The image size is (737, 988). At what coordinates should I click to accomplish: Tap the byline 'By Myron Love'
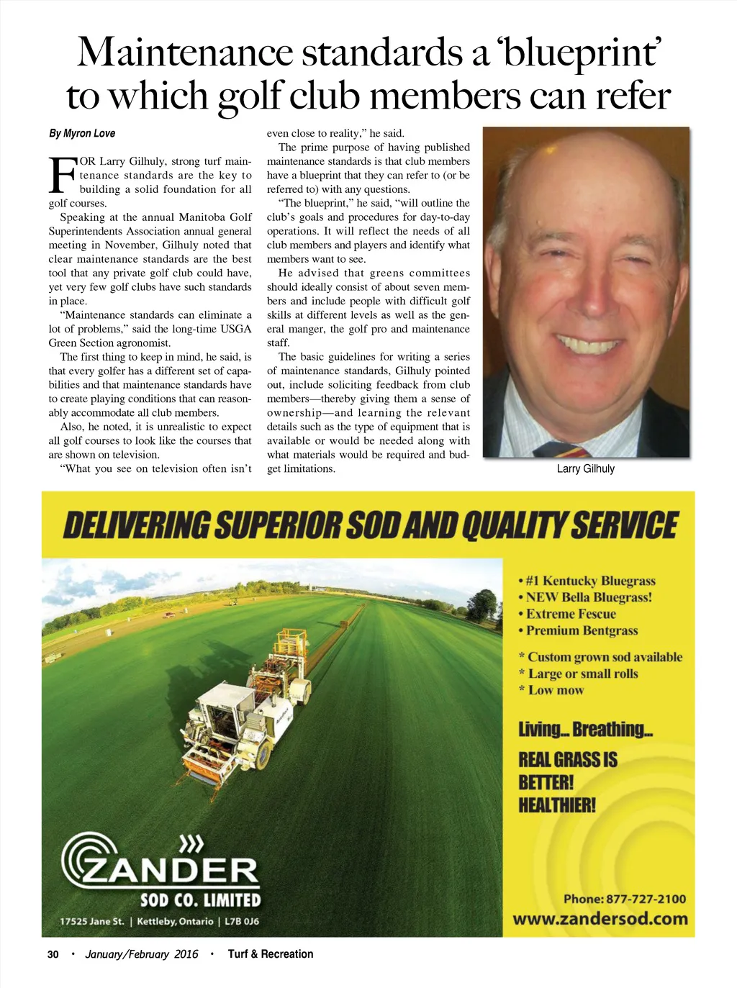(82, 133)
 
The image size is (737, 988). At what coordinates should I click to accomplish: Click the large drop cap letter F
(62, 176)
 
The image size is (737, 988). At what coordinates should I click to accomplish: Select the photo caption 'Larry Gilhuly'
(585, 468)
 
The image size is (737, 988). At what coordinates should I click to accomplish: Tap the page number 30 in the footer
(53, 954)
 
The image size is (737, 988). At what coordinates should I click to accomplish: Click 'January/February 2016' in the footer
(142, 954)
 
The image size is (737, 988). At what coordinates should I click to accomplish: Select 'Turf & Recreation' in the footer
(271, 954)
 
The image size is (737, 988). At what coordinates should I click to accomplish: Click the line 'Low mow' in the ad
(556, 690)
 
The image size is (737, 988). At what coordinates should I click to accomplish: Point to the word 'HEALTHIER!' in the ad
(557, 805)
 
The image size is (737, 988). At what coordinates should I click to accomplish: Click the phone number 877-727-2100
(646, 899)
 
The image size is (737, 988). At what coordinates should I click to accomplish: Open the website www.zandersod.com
(600, 919)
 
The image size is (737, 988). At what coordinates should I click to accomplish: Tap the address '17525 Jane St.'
(92, 921)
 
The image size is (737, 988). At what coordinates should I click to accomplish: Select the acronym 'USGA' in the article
(236, 329)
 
